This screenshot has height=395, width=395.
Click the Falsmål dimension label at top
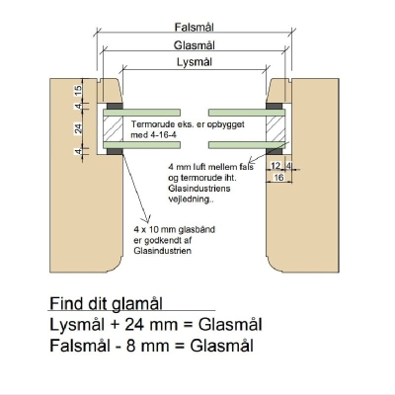point(194,27)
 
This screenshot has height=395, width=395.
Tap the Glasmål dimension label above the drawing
point(195,45)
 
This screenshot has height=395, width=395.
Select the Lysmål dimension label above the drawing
point(195,62)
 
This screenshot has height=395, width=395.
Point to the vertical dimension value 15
point(78,90)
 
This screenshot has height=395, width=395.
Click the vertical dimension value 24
point(78,128)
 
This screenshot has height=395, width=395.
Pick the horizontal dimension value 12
point(276,166)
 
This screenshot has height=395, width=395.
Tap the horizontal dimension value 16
point(278,178)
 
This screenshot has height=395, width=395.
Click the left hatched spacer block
point(113,128)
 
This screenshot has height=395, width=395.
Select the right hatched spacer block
point(276,128)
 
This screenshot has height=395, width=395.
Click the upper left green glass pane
point(141,113)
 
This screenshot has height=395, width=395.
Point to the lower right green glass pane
point(247,145)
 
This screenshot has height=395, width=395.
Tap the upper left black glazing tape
point(115,106)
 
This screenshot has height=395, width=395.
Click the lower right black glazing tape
point(275,152)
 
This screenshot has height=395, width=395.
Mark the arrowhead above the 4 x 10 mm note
point(145,219)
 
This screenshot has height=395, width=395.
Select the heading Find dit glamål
point(106,303)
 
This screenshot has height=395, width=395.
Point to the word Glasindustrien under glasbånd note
point(162,251)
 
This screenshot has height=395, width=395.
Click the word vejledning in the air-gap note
point(189,199)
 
